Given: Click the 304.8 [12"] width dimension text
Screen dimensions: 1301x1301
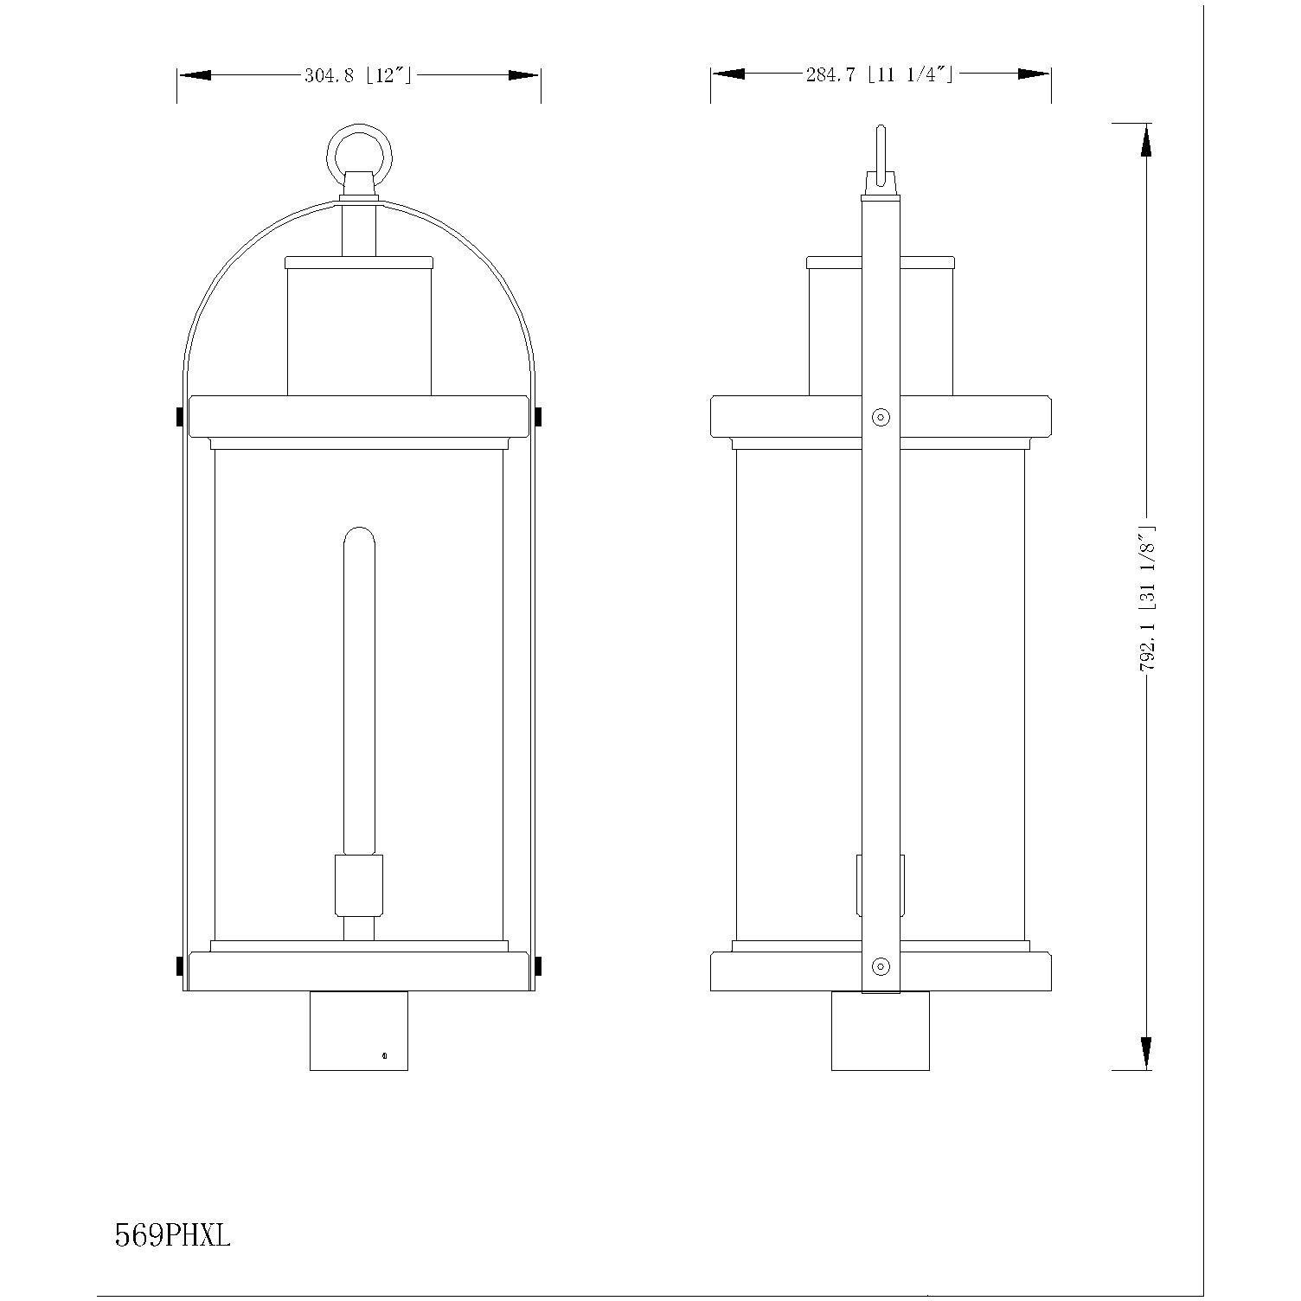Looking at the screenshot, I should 357,75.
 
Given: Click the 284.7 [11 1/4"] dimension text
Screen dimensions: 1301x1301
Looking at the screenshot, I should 879,75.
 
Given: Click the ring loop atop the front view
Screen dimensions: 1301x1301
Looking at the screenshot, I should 359,157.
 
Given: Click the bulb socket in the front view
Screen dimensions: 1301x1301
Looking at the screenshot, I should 359,885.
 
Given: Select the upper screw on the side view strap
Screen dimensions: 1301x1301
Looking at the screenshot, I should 881,417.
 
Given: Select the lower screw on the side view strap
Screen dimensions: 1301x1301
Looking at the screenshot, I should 881,965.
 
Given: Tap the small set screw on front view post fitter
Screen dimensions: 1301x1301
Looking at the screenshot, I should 384,1055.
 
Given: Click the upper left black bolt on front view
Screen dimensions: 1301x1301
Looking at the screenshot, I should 179,417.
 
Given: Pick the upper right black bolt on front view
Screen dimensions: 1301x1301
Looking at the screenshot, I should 539,417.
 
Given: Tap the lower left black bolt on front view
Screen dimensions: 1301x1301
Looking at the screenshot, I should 179,965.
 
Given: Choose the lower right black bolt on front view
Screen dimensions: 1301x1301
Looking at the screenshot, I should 539,965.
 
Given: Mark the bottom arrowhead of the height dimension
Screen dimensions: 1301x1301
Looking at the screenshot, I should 1146,1053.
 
